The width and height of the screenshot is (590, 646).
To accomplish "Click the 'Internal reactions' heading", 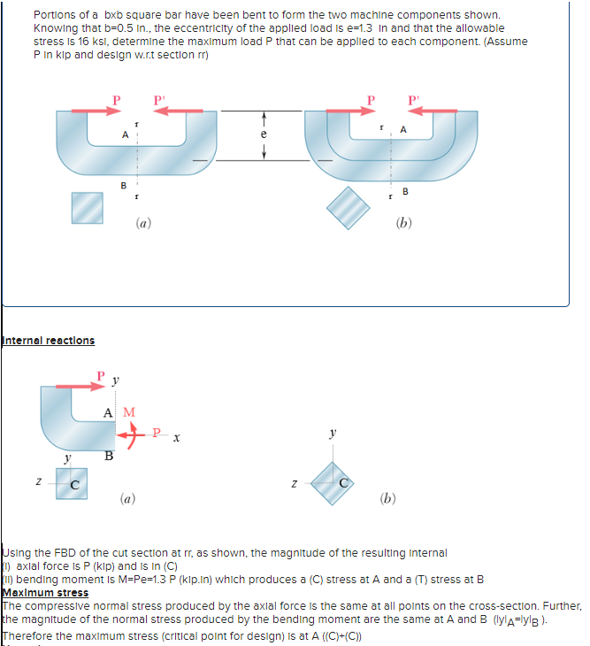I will [48, 341].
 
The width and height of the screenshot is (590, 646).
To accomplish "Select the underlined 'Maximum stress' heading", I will [45, 592].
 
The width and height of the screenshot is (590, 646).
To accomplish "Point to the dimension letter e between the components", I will [264, 135].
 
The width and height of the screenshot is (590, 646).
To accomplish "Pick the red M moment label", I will [129, 411].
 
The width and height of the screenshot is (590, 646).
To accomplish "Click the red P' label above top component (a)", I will [160, 99].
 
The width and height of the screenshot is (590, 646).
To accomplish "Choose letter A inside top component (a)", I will [126, 134].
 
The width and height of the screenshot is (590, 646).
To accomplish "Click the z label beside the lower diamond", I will [295, 483].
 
